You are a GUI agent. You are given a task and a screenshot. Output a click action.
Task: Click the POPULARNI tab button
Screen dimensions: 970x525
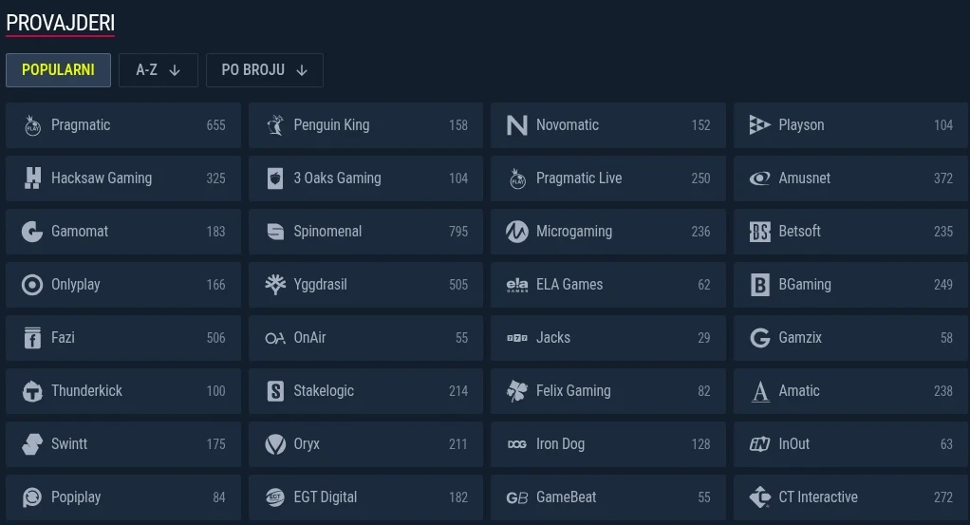click(x=58, y=70)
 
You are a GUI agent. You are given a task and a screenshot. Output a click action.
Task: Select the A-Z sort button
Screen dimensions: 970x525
click(x=159, y=70)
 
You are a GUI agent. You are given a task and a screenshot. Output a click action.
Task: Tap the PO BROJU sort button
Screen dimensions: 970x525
click(x=265, y=70)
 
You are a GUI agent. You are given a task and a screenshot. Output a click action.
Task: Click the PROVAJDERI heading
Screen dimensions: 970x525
click(x=61, y=23)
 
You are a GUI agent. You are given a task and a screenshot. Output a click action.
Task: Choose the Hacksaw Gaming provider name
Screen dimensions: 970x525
click(x=102, y=178)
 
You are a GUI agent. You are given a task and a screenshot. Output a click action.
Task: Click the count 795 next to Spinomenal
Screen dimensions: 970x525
click(x=458, y=232)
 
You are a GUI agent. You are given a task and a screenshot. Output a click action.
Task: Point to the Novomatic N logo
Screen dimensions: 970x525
click(x=517, y=125)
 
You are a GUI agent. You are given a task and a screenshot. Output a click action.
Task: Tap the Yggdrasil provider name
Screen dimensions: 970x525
click(x=321, y=285)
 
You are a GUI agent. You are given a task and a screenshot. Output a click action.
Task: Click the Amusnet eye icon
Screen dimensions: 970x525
click(x=759, y=178)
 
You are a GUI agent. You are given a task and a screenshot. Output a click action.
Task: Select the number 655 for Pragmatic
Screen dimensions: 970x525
click(x=215, y=125)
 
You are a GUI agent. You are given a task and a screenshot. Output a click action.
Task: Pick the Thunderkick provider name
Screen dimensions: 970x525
click(x=86, y=390)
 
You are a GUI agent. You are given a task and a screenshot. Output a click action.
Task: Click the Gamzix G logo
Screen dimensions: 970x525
click(x=759, y=338)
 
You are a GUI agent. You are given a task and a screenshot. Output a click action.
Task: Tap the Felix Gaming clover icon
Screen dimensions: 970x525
click(x=517, y=391)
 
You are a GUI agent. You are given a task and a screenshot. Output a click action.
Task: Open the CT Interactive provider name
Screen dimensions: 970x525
click(x=818, y=497)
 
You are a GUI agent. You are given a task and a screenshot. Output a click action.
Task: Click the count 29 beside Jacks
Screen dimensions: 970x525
click(x=704, y=338)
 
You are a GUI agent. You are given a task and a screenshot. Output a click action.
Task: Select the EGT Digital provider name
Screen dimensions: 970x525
click(x=326, y=497)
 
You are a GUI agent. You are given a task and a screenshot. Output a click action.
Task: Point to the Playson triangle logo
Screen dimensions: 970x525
click(x=759, y=125)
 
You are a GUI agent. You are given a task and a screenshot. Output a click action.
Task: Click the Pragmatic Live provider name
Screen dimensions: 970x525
click(x=579, y=178)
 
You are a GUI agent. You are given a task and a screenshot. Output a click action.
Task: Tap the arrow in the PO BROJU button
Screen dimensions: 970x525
click(x=302, y=70)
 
